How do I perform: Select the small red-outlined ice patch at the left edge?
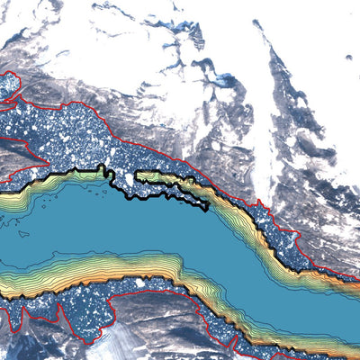tap(8, 85)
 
